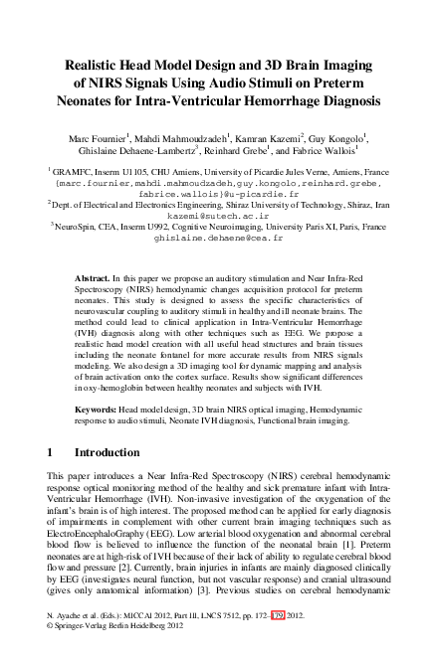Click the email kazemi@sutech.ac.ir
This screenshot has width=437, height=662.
click(x=218, y=215)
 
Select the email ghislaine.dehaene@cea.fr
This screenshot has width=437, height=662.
click(x=218, y=239)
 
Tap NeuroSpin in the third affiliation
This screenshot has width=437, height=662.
click(x=77, y=228)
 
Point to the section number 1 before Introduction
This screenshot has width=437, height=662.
click(x=52, y=451)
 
